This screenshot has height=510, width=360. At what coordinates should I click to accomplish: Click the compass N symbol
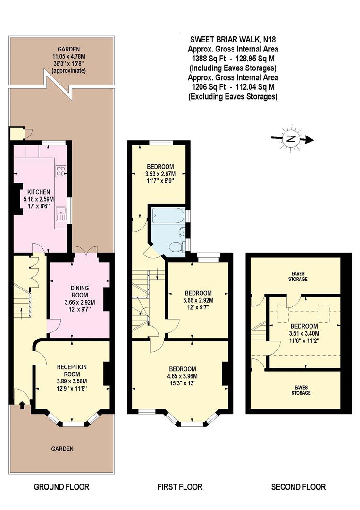pos(292,138)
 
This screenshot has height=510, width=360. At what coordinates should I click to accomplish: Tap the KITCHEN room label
pos(39,192)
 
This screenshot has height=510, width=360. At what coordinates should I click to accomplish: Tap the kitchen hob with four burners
pos(61,171)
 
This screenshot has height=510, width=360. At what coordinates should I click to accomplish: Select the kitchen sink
pos(60,214)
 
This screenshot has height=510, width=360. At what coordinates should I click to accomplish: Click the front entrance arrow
pos(21,402)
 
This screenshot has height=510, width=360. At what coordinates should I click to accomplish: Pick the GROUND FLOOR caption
pos(61,487)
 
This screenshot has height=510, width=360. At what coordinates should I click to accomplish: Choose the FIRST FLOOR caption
pos(179,487)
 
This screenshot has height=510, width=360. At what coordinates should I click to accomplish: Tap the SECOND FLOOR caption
pos(298,487)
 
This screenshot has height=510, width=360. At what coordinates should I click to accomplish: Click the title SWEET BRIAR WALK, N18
pos(233,40)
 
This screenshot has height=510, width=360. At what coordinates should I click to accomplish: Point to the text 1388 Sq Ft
pos(208,59)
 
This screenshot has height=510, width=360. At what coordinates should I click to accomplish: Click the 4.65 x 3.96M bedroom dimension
pos(183,376)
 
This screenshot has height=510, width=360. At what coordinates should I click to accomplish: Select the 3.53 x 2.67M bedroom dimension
pos(160,173)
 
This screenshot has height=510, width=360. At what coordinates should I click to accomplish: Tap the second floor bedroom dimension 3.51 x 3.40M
pos(304,333)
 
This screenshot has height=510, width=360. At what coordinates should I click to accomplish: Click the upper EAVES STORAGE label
pos(298,276)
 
